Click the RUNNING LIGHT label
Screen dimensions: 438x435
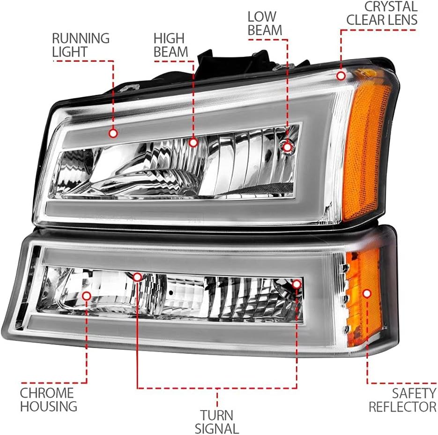[x=81, y=45]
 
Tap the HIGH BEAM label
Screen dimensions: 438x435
[x=171, y=45]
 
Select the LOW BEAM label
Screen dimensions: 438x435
[x=265, y=23]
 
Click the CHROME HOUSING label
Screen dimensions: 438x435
[x=49, y=399]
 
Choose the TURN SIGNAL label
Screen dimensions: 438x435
[x=217, y=421]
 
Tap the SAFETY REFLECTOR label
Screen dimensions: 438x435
[x=403, y=400]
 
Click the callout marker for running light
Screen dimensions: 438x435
[x=113, y=134]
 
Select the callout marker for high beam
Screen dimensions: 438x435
[x=193, y=142]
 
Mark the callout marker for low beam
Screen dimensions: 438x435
[x=287, y=147]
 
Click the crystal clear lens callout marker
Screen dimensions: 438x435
[x=341, y=76]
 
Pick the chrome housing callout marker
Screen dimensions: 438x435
[x=87, y=295]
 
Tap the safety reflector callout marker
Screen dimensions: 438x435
[x=367, y=293]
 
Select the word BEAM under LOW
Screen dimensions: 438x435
[x=265, y=30]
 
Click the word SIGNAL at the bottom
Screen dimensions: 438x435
[x=217, y=428]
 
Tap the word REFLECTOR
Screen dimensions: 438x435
[x=403, y=407]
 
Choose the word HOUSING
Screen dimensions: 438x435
[x=49, y=406]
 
